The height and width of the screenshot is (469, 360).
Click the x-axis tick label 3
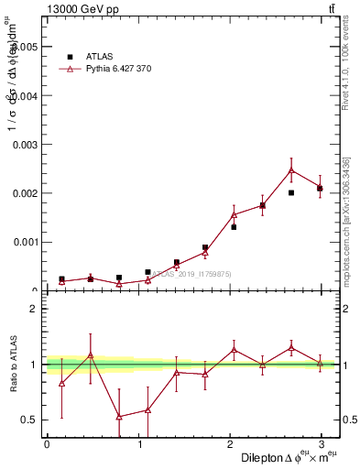[322, 444]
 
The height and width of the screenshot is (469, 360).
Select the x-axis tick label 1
[139, 444]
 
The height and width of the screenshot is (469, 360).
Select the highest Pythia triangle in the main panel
[291, 170]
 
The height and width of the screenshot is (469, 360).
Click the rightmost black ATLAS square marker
[320, 188]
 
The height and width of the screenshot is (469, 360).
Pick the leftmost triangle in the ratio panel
[61, 383]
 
